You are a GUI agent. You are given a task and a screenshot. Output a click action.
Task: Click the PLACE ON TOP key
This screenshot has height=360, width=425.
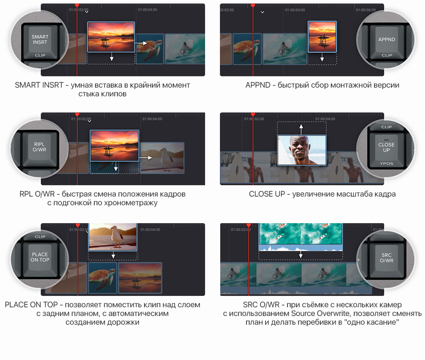[x=40, y=259]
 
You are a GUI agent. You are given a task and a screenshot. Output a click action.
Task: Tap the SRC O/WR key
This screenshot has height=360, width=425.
[x=386, y=260]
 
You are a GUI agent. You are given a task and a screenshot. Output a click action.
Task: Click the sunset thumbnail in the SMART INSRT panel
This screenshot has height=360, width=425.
[x=111, y=37]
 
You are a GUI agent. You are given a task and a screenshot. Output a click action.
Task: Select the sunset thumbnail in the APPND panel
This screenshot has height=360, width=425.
[x=322, y=37]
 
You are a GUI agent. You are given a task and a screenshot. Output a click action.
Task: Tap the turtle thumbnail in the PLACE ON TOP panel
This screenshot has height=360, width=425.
[x=103, y=278]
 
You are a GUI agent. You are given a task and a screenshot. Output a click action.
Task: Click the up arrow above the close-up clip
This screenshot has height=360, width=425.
[x=301, y=129]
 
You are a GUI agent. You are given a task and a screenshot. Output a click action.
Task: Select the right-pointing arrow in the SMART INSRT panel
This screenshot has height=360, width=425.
[x=141, y=43]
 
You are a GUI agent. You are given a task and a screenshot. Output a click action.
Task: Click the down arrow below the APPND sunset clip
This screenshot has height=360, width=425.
[x=322, y=57]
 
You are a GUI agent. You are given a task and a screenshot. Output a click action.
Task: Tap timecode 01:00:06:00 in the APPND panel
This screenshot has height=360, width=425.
[x=366, y=10]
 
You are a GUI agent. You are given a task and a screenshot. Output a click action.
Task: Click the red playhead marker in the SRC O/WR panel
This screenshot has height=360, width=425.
[x=249, y=225]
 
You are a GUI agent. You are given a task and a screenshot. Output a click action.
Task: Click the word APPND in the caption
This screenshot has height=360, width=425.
[x=258, y=85]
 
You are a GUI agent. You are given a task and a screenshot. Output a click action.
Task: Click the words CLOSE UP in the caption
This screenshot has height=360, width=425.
[x=267, y=194]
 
